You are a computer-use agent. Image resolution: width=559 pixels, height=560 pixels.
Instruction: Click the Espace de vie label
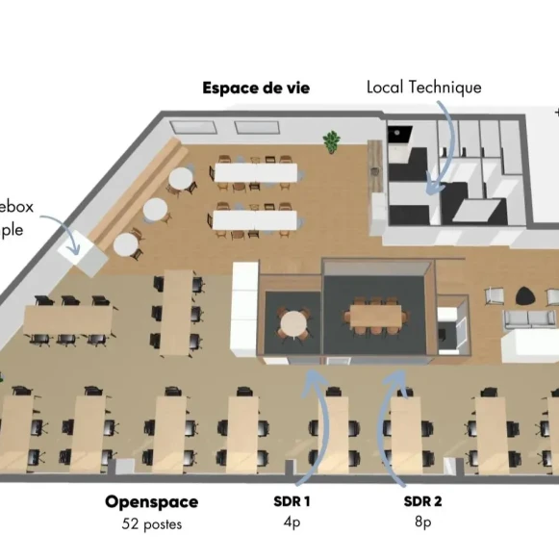point(255,88)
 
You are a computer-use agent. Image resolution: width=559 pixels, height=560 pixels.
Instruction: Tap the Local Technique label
point(423,88)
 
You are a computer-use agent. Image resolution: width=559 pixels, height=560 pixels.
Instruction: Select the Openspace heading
point(151,501)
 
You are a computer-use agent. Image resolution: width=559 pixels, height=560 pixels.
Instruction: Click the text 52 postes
point(151,524)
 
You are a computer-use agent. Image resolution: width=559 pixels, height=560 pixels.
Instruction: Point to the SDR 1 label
point(292,501)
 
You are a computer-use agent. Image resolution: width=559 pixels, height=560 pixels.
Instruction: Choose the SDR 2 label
point(422,501)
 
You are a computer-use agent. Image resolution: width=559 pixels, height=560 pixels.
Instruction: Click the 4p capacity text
point(292,524)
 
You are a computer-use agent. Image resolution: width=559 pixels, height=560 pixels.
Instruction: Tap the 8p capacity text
point(422,524)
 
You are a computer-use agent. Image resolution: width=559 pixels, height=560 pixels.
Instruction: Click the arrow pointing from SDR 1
point(318,423)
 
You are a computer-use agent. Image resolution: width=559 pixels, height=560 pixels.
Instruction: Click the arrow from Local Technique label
point(445,144)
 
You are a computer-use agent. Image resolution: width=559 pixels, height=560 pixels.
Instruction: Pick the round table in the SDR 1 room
point(293,321)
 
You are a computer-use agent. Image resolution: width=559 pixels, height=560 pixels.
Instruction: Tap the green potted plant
point(332,141)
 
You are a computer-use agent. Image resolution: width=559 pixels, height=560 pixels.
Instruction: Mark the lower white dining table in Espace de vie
point(255,220)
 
